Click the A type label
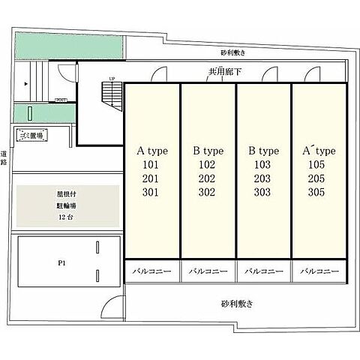click(151, 151)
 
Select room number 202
click(206, 178)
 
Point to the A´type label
click(318, 151)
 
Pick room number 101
click(151, 165)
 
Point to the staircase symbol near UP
click(110, 94)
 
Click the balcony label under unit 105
click(318, 271)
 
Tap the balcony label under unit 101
click(151, 271)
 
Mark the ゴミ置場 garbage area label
click(31, 135)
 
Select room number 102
click(206, 165)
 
